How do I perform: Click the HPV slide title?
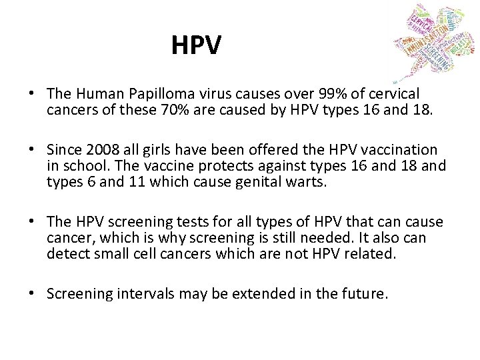pos(195,45)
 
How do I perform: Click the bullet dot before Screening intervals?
pos(32,293)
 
